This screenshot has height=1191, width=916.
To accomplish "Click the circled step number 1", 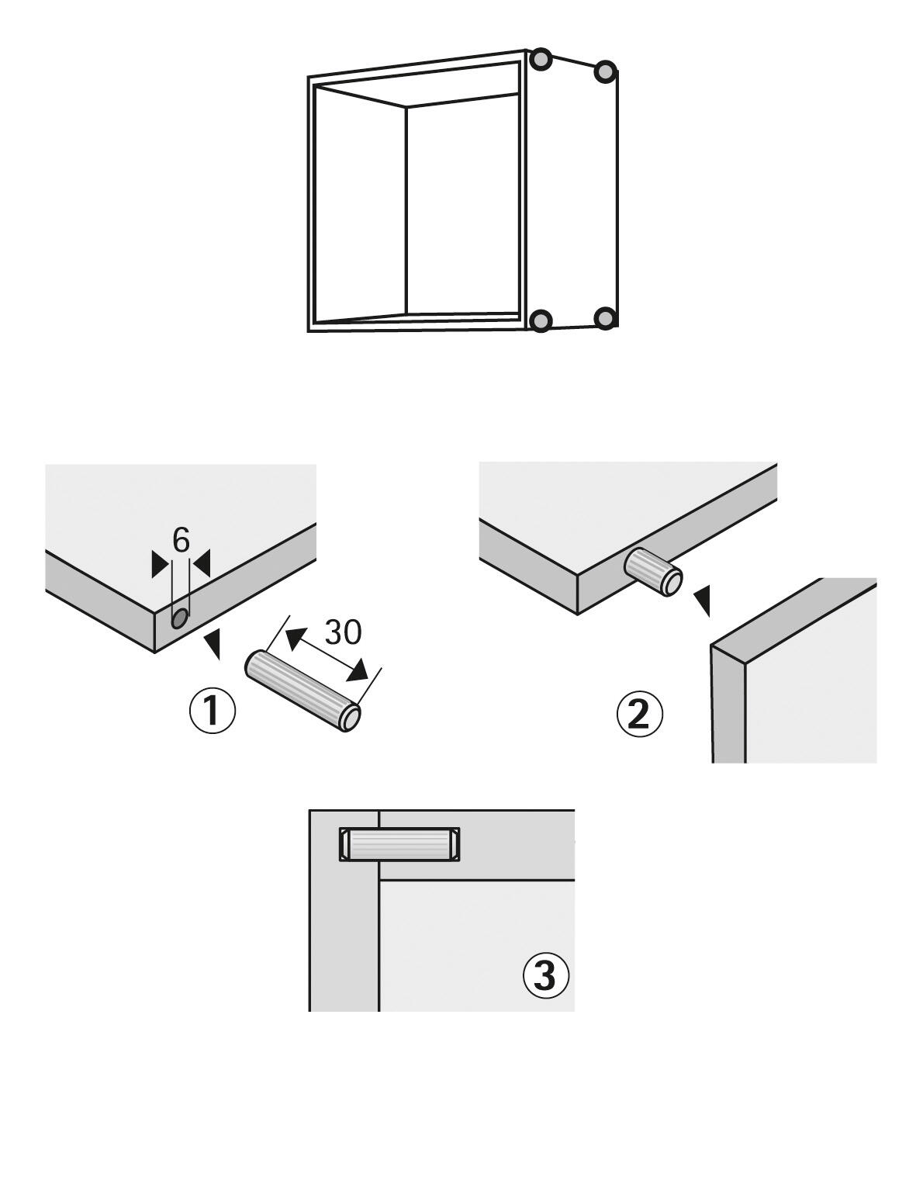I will point(213,711).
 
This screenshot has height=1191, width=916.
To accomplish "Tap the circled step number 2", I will point(640,714).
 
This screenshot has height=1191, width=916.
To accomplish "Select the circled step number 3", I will point(546,975).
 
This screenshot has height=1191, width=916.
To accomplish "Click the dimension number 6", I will point(181,541).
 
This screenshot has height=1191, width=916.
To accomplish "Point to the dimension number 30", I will point(342,632).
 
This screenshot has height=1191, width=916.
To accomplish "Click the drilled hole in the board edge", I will point(179,618).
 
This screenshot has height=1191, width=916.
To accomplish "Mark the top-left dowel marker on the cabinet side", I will point(541,59).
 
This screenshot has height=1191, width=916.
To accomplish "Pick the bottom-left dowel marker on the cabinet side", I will point(541,320).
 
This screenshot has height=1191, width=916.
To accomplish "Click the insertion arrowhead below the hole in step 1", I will point(213,642).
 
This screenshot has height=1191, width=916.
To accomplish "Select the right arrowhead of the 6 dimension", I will point(202,564).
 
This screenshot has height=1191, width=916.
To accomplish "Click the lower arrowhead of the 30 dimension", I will point(357,669).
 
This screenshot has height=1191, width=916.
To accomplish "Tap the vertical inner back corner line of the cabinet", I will point(406,209).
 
